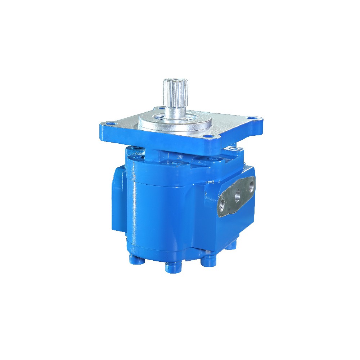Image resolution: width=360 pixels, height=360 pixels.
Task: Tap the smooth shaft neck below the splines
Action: pyautogui.click(x=175, y=111)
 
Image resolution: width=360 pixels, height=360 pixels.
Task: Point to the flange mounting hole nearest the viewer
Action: pyautogui.click(x=207, y=136)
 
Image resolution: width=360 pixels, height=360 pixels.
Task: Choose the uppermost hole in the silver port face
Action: pyautogui.click(x=251, y=186)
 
